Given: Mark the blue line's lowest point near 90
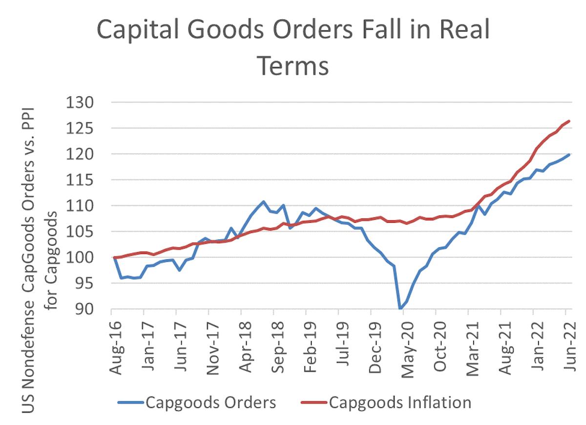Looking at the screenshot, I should [400, 309].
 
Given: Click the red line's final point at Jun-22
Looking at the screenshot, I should [569, 121].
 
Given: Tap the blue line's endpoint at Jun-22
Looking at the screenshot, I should [569, 154].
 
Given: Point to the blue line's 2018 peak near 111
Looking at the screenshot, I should [264, 201].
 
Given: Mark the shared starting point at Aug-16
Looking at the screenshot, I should [114, 257].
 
